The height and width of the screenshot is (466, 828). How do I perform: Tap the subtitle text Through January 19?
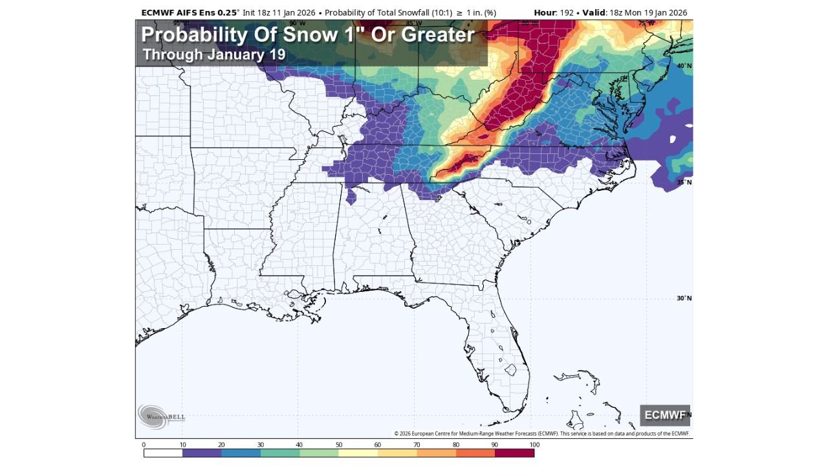coord(213,54)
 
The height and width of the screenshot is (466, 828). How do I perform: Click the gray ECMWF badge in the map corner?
coord(665,415)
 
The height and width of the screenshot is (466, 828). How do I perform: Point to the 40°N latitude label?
coord(684,66)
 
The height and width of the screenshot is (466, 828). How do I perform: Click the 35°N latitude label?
coord(684,183)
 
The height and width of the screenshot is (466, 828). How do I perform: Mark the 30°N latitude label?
coord(684,298)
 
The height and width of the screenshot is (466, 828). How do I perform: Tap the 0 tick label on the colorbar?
coord(144,445)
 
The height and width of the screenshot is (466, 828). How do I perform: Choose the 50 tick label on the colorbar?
coord(338,445)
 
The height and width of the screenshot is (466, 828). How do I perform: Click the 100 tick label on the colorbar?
coord(534,445)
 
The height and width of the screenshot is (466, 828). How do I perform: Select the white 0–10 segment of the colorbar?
coord(163,453)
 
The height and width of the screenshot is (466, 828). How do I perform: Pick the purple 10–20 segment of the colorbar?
coord(202,453)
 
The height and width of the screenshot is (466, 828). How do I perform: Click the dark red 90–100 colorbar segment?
coord(514,453)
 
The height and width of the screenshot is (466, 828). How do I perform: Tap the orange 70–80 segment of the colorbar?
coord(436,453)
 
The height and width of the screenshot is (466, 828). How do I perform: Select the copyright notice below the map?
coord(541,434)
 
